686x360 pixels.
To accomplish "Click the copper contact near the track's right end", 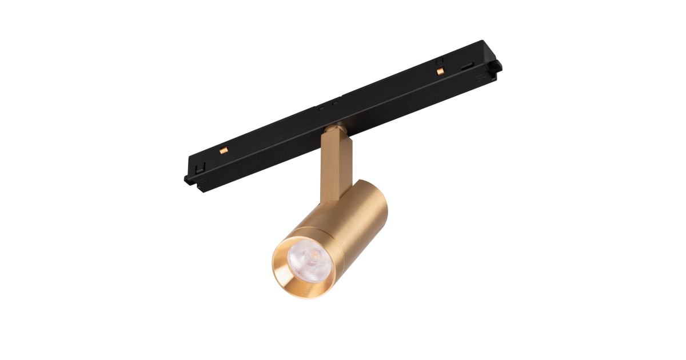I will pyautogui.click(x=440, y=71).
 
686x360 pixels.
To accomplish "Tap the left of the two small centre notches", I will pyautogui.click(x=322, y=107).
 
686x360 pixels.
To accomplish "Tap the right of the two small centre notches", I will pyautogui.click(x=336, y=102).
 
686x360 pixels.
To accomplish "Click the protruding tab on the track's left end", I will pyautogui.click(x=188, y=179).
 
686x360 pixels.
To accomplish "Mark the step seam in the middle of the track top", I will pyautogui.click(x=344, y=94).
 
